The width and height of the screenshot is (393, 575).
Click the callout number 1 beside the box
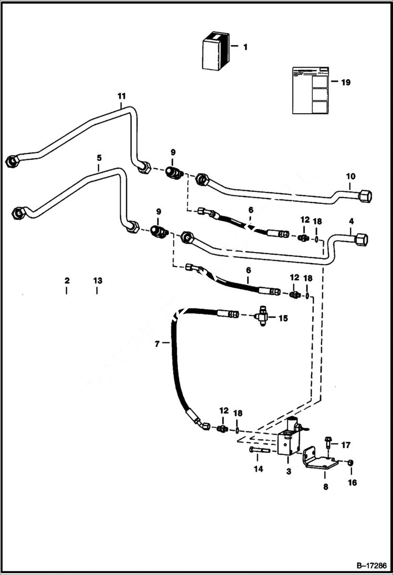point(245,47)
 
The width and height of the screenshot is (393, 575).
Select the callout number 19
point(345,82)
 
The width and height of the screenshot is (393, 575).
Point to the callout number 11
point(122,96)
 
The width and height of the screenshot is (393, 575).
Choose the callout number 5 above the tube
point(99,157)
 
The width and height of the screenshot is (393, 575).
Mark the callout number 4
point(351,222)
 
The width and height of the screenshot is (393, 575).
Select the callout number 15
point(283,318)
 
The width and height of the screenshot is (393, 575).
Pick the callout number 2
point(67,281)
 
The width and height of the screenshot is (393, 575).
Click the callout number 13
point(97,281)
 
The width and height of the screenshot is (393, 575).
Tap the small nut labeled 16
point(350,462)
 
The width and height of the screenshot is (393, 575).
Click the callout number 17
point(345,446)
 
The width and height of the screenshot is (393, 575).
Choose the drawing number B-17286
point(370,566)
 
